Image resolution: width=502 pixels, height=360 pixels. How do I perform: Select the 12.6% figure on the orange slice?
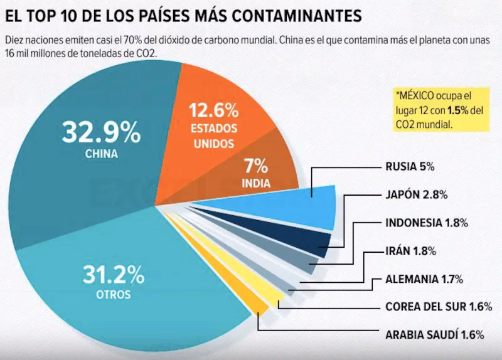(x=214, y=112)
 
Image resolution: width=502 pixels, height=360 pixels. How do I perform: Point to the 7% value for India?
(x=256, y=166)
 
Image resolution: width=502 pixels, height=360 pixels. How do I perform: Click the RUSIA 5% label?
(x=409, y=167)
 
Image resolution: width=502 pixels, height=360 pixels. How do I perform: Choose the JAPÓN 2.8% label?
(x=415, y=194)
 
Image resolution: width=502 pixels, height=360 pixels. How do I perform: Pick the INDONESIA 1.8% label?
(x=425, y=223)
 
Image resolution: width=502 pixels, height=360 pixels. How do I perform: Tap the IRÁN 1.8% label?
(x=410, y=251)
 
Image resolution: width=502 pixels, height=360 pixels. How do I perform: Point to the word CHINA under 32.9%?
(x=100, y=152)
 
